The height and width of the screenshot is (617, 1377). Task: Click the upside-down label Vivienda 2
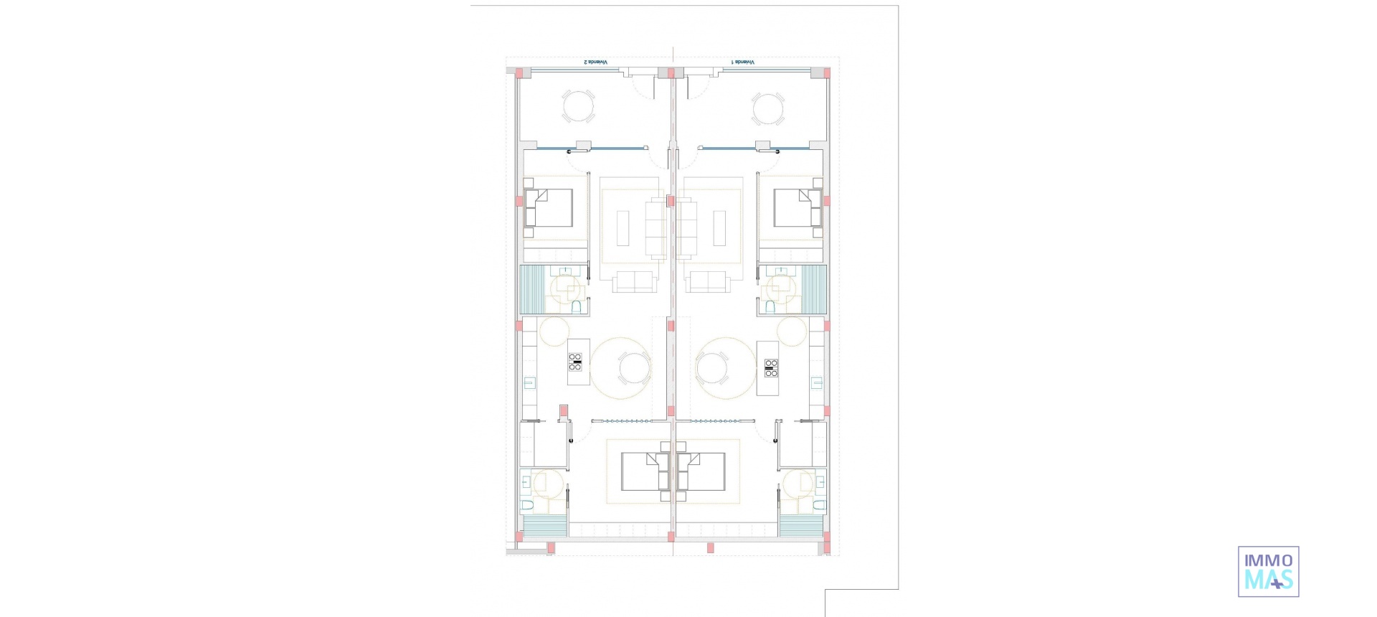tap(596, 62)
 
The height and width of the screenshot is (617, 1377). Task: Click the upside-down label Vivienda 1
tap(743, 62)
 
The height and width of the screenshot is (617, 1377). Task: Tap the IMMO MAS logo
tap(1268, 571)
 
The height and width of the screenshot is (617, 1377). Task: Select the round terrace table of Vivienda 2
tap(578, 108)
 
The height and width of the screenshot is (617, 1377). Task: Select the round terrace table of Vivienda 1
tap(768, 110)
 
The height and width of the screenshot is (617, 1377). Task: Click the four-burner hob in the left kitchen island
tap(575, 362)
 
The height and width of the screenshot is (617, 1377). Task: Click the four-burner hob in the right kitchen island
tap(771, 368)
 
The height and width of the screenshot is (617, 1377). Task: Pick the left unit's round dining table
tap(634, 369)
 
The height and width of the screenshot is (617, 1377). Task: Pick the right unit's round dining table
tap(711, 369)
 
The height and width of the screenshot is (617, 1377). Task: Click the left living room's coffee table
tap(623, 227)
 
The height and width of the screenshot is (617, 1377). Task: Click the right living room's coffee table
tap(719, 227)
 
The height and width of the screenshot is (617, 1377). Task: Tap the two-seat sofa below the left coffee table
tap(634, 281)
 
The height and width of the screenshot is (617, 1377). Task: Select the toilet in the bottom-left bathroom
tap(527, 507)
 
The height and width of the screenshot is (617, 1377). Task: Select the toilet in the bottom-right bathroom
tap(818, 507)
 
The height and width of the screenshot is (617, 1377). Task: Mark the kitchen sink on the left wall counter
tap(529, 382)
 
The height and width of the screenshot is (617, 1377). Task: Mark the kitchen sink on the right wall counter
tap(817, 382)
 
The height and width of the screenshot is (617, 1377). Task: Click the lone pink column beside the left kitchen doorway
tap(564, 411)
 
